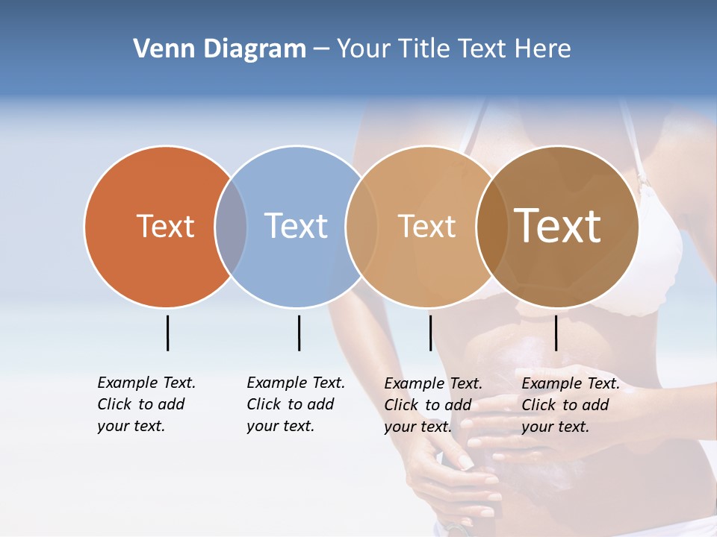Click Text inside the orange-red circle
165,226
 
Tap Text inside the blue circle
297,226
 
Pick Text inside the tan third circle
426,226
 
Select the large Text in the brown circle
557,226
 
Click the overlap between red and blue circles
231,227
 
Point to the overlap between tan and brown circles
492,227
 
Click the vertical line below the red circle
167,333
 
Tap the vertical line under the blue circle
299,333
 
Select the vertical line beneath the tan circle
430,333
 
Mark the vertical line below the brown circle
556,333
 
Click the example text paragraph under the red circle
146,404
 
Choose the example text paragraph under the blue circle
295,404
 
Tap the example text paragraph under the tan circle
432,405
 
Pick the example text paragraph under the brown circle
570,405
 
